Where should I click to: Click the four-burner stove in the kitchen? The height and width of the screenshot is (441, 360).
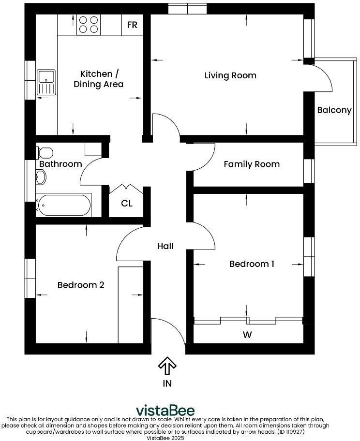tap(89, 25)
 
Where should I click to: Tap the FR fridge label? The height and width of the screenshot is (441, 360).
tap(132, 25)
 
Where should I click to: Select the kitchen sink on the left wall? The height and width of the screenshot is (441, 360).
tap(47, 82)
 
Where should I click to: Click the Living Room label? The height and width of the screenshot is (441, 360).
tap(230, 75)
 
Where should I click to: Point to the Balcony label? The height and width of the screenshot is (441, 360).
tap(334, 110)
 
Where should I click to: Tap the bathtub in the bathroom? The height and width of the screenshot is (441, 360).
tap(63, 206)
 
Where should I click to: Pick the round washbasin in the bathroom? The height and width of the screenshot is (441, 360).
tap(41, 177)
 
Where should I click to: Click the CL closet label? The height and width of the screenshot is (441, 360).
tap(127, 204)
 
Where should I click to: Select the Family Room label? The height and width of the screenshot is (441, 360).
tap(252, 164)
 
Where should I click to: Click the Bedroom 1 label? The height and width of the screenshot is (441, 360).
tap(252, 264)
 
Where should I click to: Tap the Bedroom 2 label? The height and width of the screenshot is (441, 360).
tap(81, 285)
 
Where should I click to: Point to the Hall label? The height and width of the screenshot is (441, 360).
tap(165, 246)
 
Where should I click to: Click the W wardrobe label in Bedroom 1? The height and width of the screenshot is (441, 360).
tap(248, 334)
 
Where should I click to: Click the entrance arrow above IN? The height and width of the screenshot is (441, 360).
tap(167, 366)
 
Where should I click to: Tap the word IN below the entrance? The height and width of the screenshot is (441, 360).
tap(167, 383)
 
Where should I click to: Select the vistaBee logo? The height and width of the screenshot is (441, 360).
tap(165, 411)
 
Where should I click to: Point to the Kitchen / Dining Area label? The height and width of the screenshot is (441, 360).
tap(99, 79)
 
